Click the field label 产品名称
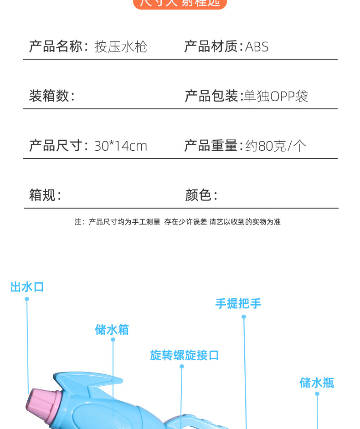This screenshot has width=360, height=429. [x=56, y=46]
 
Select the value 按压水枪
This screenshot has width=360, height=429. [x=121, y=47]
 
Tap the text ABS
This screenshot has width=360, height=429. [x=257, y=47]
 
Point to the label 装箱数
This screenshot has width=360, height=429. [x=49, y=96]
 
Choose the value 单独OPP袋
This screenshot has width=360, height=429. [x=276, y=97]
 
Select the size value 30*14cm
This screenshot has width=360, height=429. [x=121, y=146]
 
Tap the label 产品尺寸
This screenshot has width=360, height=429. [x=56, y=146]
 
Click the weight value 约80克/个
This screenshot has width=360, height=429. [x=276, y=146]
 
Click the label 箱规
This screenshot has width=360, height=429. [x=42, y=195]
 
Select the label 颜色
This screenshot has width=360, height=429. [x=198, y=195]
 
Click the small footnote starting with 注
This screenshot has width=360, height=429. [x=178, y=222]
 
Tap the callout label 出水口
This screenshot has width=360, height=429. [x=27, y=287]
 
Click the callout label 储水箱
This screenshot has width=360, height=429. [x=112, y=330]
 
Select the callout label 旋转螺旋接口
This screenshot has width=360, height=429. [x=185, y=355]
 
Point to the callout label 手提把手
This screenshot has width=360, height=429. [x=238, y=303]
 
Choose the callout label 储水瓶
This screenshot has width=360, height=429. [x=317, y=383]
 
